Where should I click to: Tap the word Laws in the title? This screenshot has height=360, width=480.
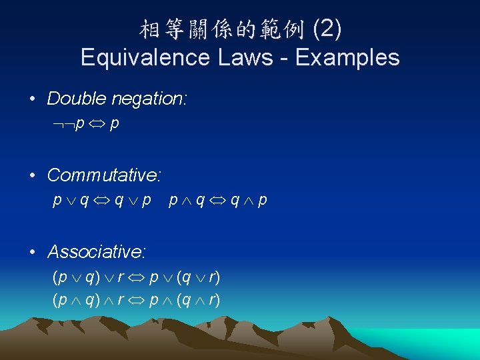243,57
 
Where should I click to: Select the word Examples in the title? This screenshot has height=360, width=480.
347,57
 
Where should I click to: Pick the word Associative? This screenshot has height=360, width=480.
97,252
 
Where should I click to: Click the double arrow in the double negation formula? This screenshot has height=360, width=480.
97,124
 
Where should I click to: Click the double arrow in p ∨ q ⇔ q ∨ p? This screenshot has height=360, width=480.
104,200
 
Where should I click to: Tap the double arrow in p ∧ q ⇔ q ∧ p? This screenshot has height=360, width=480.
219,200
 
